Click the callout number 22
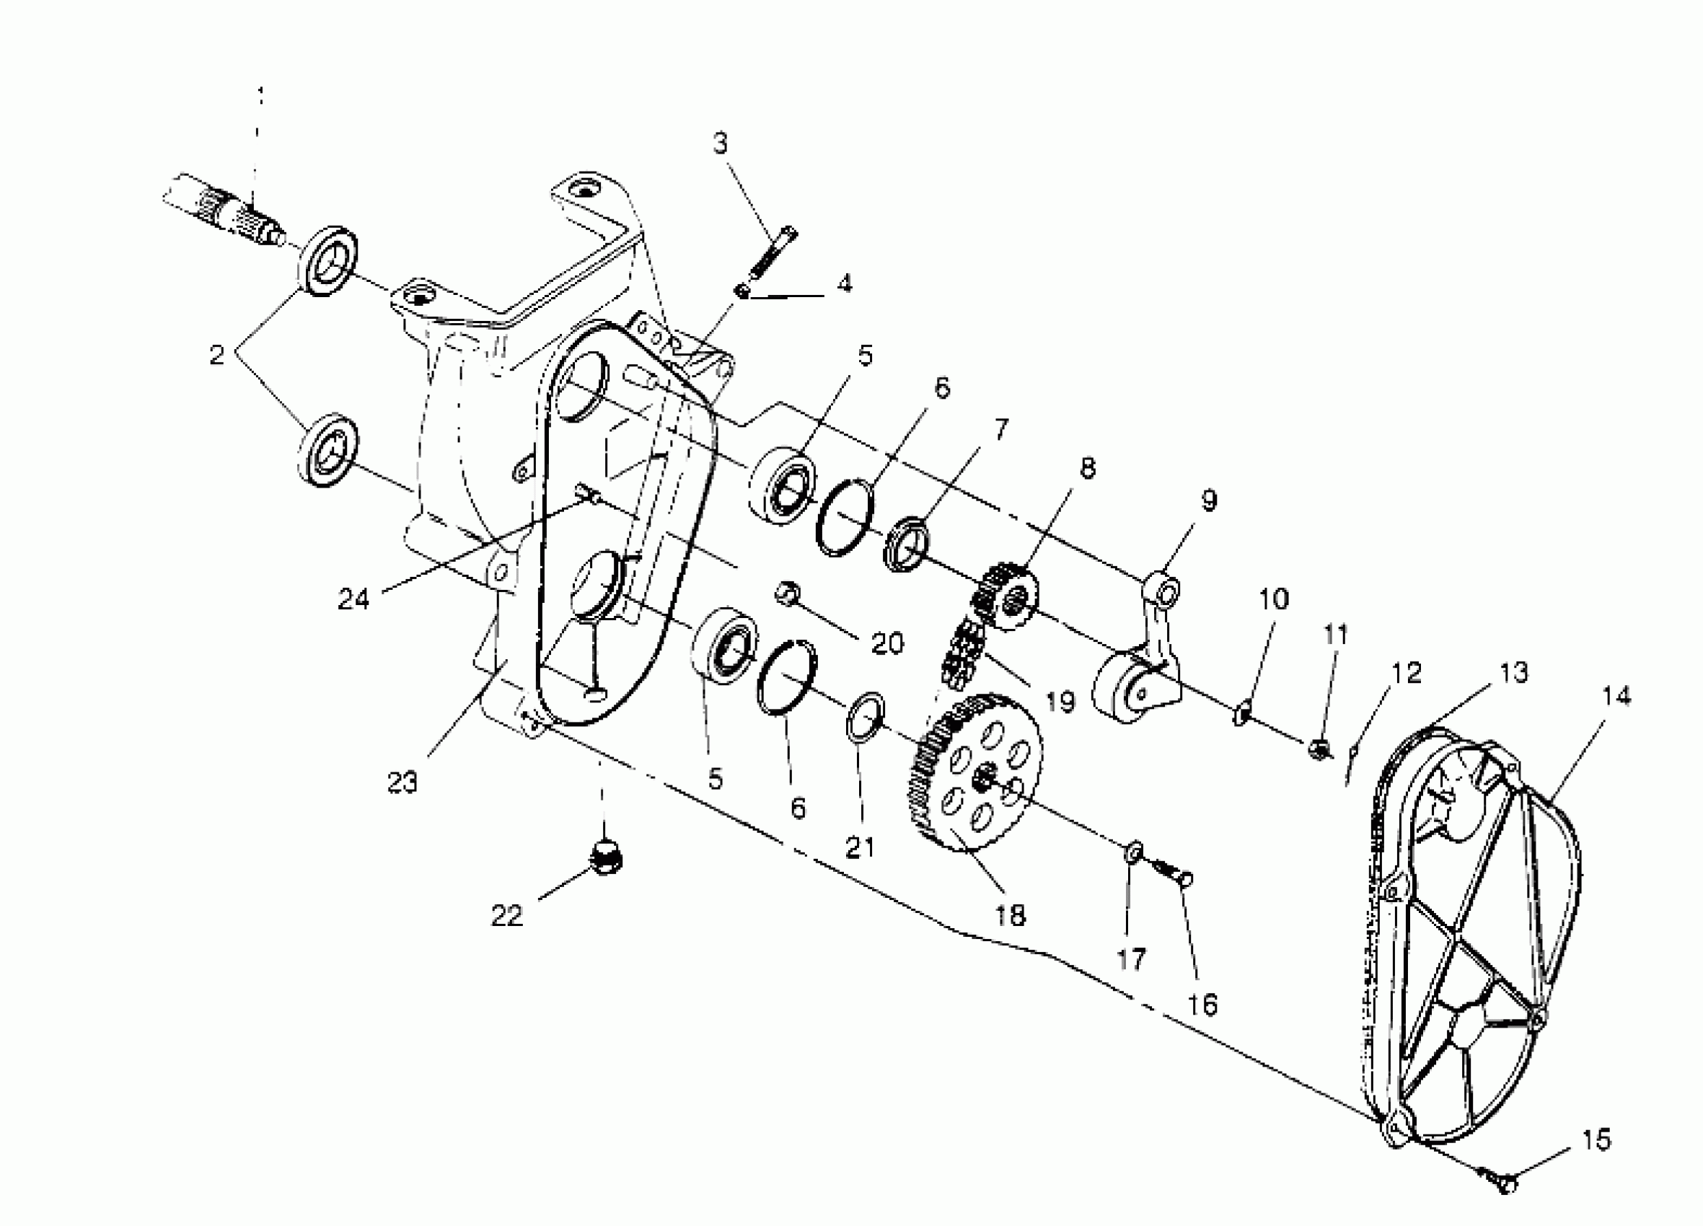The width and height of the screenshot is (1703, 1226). click(507, 916)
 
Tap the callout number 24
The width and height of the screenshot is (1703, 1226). click(353, 599)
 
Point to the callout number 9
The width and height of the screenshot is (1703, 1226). click(1208, 500)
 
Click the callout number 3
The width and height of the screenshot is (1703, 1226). click(721, 142)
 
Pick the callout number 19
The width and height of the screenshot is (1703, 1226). click(1060, 701)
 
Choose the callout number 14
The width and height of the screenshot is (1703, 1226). click(1616, 696)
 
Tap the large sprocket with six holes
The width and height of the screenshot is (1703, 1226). click(978, 773)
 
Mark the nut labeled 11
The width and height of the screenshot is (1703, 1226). click(1316, 748)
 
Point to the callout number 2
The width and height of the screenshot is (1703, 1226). click(217, 354)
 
